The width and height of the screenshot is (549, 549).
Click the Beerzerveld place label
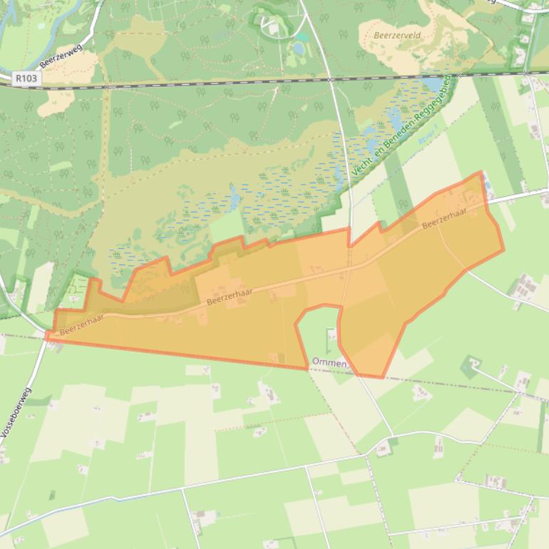click(x=396, y=34)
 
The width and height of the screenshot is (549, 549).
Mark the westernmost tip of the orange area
click(x=46, y=334)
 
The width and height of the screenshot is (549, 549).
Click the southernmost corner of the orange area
click(x=382, y=377)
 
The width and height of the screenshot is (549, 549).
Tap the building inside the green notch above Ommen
click(x=330, y=333)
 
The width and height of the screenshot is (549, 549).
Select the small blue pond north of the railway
click(x=297, y=48)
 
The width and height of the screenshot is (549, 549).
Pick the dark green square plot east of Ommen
click(x=469, y=368)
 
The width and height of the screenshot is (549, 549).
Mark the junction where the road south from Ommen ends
click(x=391, y=436)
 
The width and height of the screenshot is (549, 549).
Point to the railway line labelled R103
click(x=214, y=83)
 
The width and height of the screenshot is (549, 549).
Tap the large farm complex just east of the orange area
click(x=525, y=287)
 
